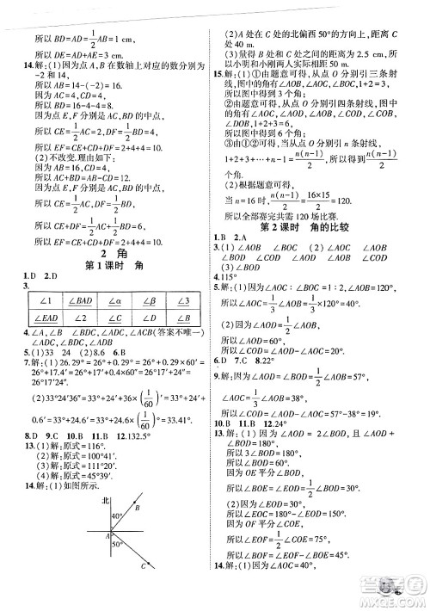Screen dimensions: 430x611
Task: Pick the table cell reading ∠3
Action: coord(182,298)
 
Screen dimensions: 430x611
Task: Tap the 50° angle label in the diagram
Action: coord(121,569)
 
